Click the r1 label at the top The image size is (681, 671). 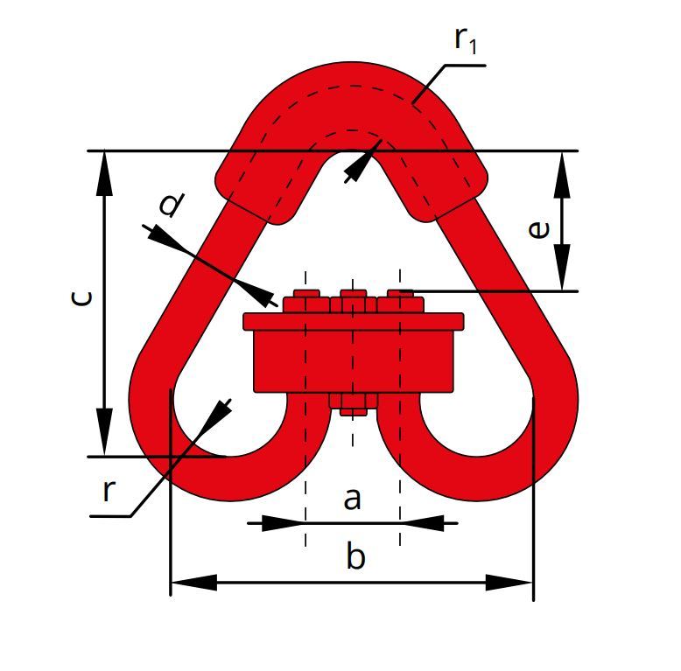click(466, 39)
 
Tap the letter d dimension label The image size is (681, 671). click(171, 204)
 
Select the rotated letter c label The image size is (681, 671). click(81, 297)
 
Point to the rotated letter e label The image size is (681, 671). click(538, 229)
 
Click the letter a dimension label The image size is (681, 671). click(352, 500)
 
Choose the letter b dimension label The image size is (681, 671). click(355, 556)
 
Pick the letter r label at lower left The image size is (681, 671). click(109, 491)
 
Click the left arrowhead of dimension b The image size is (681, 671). click(193, 582)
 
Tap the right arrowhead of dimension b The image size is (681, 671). click(509, 583)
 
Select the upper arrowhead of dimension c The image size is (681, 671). click(104, 173)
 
